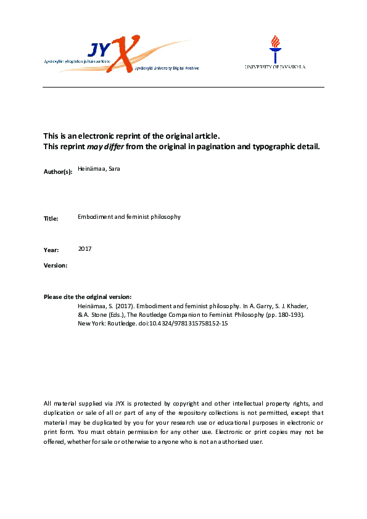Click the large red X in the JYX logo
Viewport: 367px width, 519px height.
pyautogui.click(x=125, y=55)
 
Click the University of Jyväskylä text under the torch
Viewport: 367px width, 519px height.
pyautogui.click(x=274, y=67)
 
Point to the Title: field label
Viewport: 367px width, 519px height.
pyautogui.click(x=51, y=218)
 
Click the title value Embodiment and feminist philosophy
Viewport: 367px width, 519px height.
pyautogui.click(x=129, y=217)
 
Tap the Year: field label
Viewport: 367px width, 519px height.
pyautogui.click(x=51, y=250)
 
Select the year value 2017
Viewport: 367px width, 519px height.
pyautogui.click(x=85, y=248)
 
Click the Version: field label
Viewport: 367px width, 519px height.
pyautogui.click(x=55, y=265)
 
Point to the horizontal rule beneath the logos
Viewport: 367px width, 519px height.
pyautogui.click(x=183, y=87)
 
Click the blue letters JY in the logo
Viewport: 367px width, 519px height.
pyautogui.click(x=101, y=49)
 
